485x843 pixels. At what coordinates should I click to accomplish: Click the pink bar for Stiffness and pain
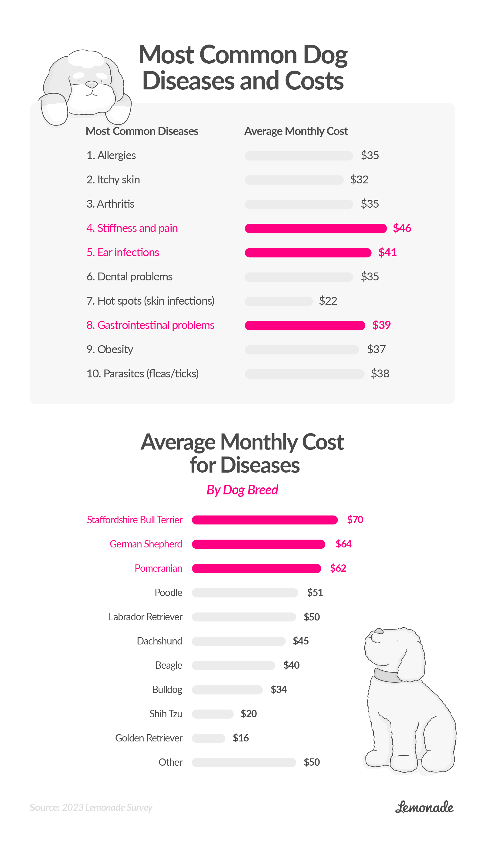(x=316, y=228)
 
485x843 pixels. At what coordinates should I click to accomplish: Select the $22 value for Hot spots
(x=328, y=301)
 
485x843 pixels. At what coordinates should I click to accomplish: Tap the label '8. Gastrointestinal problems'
(x=150, y=325)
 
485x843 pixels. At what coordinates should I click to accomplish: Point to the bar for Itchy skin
(x=294, y=180)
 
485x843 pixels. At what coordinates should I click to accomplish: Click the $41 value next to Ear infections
(x=387, y=253)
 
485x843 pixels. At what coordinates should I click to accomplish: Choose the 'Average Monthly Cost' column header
(x=296, y=131)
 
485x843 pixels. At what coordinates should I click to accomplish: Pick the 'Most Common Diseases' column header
(x=142, y=131)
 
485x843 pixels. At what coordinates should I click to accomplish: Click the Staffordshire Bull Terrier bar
(x=265, y=520)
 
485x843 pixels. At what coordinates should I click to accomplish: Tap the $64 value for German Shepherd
(x=343, y=544)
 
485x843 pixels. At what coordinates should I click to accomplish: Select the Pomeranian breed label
(x=158, y=568)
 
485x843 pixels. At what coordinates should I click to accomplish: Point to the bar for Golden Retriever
(x=209, y=738)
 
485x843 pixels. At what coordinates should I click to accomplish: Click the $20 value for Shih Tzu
(x=249, y=714)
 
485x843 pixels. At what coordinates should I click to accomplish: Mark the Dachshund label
(x=159, y=641)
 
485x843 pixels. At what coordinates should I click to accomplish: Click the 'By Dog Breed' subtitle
(x=242, y=490)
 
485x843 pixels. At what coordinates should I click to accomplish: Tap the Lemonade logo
(x=424, y=807)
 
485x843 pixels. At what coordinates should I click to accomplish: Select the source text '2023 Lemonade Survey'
(x=107, y=808)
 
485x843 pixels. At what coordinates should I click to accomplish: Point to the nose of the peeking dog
(x=92, y=84)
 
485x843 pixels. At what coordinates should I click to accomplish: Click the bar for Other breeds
(x=244, y=762)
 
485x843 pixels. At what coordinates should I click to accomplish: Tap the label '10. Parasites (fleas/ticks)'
(x=142, y=374)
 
